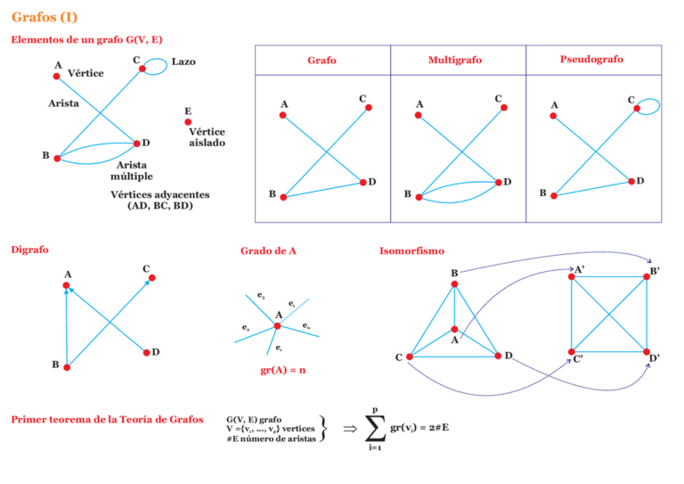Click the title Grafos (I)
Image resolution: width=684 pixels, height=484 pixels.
pos(45,17)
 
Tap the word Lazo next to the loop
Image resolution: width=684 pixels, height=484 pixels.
pos(183,62)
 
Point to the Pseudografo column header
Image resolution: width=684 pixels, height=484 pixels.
pos(591,60)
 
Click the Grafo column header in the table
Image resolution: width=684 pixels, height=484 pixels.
pos(322,61)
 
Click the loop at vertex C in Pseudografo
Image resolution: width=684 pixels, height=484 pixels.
pos(651,105)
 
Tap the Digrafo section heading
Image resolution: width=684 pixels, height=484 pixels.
pos(29,250)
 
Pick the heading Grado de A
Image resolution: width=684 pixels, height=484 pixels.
pos(268,251)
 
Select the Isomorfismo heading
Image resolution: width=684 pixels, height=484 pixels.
pos(411,251)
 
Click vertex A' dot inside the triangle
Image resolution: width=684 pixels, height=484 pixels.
pos(454,330)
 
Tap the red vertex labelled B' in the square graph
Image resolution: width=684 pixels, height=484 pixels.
pos(647,277)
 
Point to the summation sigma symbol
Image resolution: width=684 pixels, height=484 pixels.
pos(376,429)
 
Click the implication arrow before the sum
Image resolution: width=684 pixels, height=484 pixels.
pos(350,429)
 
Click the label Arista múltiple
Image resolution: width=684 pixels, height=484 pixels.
pos(132,170)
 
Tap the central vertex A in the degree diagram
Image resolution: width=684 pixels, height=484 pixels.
pos(277,325)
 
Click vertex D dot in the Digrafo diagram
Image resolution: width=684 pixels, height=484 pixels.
pos(145,354)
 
